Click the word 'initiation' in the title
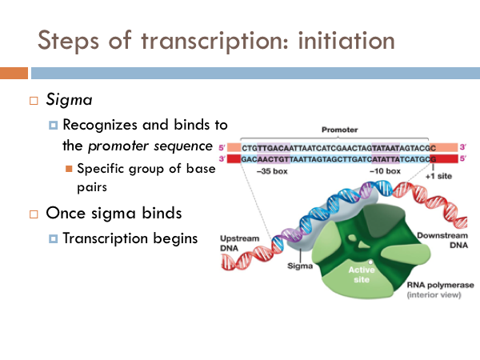click(x=346, y=41)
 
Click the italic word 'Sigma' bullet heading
click(x=69, y=100)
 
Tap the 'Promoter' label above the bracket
click(x=339, y=130)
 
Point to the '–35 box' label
click(x=272, y=171)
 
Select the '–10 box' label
click(x=385, y=171)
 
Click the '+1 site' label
click(x=438, y=176)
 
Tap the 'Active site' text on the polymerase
click(x=362, y=274)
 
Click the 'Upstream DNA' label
click(x=240, y=243)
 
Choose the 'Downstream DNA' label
click(x=442, y=240)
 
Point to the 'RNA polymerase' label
click(x=440, y=285)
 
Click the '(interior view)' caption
click(x=434, y=294)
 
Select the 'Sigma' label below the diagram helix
click(x=300, y=266)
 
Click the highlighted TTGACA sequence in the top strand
click(x=274, y=148)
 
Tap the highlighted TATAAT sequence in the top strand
click(x=386, y=148)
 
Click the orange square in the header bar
click(x=14, y=73)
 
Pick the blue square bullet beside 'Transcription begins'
click(x=53, y=238)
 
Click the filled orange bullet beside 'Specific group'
click(x=69, y=169)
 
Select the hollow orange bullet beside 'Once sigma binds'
click(x=34, y=214)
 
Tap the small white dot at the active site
click(x=370, y=262)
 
